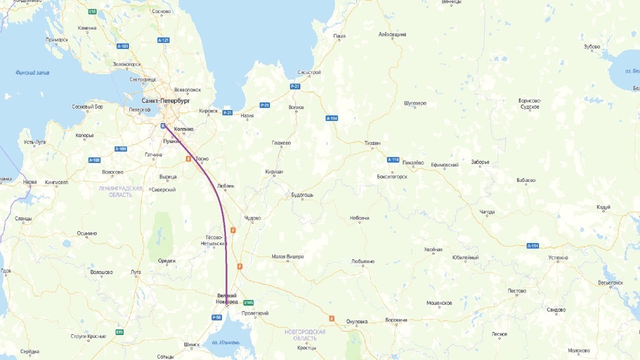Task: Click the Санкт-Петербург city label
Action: point(165,100)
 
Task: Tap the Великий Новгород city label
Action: point(226,298)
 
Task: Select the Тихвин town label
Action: point(372,143)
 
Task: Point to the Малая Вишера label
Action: point(287,256)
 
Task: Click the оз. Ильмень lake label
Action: point(225,342)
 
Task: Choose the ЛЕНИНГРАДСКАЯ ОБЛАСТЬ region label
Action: point(120,191)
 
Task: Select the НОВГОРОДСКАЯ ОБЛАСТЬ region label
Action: point(304,335)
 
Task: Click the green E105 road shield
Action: point(248,302)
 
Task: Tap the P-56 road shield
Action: point(216,317)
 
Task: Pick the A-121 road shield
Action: point(163,40)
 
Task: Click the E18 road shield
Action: point(92,11)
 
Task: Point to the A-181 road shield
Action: point(123,46)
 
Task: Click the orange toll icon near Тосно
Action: point(188,158)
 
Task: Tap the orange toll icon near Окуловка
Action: point(331,318)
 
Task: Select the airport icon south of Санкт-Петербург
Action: point(163,125)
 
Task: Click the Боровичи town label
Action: point(396,320)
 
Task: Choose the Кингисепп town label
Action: point(56,182)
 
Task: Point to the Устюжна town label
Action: point(558,258)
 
